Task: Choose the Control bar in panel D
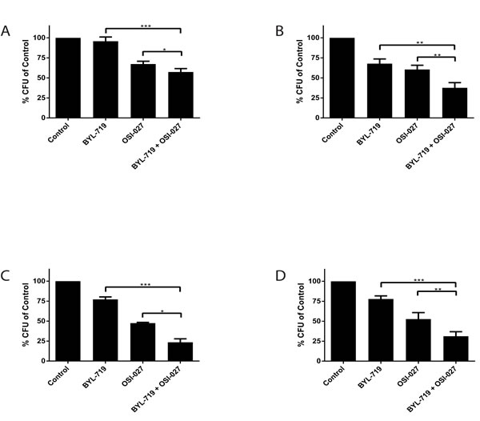(x=342, y=321)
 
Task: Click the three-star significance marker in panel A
(x=145, y=26)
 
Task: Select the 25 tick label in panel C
(x=42, y=341)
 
